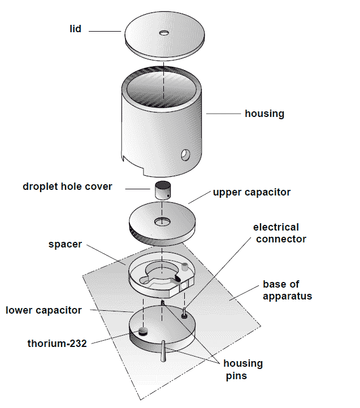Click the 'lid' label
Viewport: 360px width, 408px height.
point(75,28)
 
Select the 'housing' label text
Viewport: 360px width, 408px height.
point(264,114)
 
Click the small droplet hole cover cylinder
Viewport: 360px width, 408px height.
point(163,190)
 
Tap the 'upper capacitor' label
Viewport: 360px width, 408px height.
point(251,192)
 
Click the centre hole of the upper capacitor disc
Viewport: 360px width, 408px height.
point(163,220)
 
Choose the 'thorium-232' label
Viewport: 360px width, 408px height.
point(57,342)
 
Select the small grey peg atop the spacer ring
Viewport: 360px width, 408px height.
point(184,266)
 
